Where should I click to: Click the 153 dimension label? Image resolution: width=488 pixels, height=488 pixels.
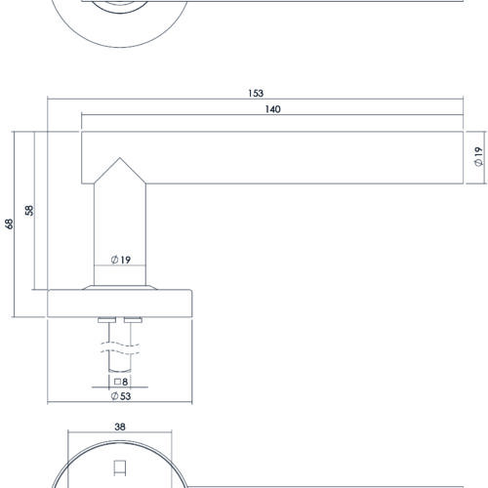(x=256, y=94)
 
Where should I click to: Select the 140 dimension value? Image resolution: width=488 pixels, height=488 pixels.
(x=272, y=109)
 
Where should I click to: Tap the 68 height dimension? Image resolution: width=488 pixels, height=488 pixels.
(x=10, y=224)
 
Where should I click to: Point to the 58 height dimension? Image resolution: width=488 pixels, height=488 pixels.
(x=29, y=210)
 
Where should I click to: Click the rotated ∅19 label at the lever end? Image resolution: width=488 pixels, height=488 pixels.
(x=478, y=156)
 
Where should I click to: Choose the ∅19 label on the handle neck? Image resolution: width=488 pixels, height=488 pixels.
(x=121, y=260)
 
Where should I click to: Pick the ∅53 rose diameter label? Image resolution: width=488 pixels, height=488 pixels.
(x=121, y=396)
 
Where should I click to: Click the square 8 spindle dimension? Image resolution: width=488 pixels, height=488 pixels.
(x=121, y=382)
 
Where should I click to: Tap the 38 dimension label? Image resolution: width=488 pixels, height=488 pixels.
(x=120, y=427)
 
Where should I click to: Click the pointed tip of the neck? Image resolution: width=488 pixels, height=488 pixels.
(x=120, y=158)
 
